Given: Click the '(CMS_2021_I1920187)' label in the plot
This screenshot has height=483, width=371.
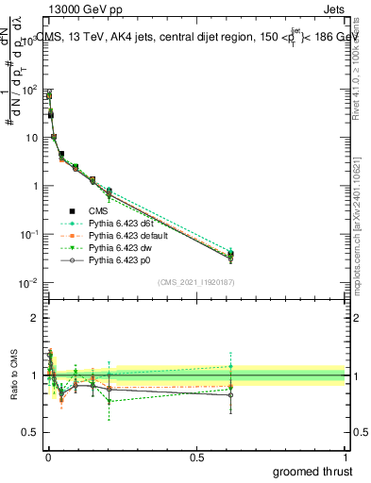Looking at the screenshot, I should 195,281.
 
